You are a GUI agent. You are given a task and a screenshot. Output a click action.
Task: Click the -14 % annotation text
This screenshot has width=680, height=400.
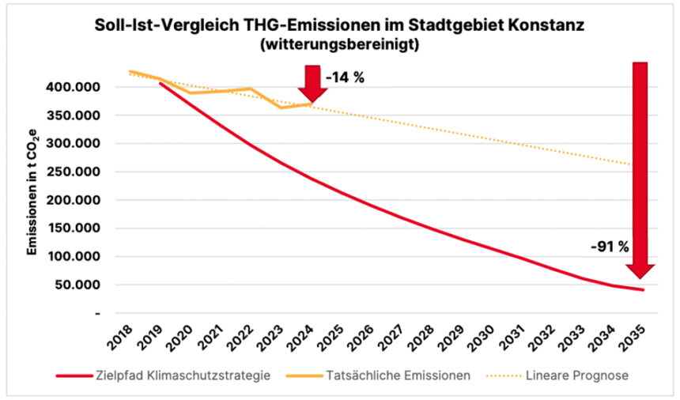344,79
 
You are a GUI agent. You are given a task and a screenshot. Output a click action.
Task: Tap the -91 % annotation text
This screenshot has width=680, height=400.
609,247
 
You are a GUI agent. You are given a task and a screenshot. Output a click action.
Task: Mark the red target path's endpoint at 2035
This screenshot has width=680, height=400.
643,290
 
